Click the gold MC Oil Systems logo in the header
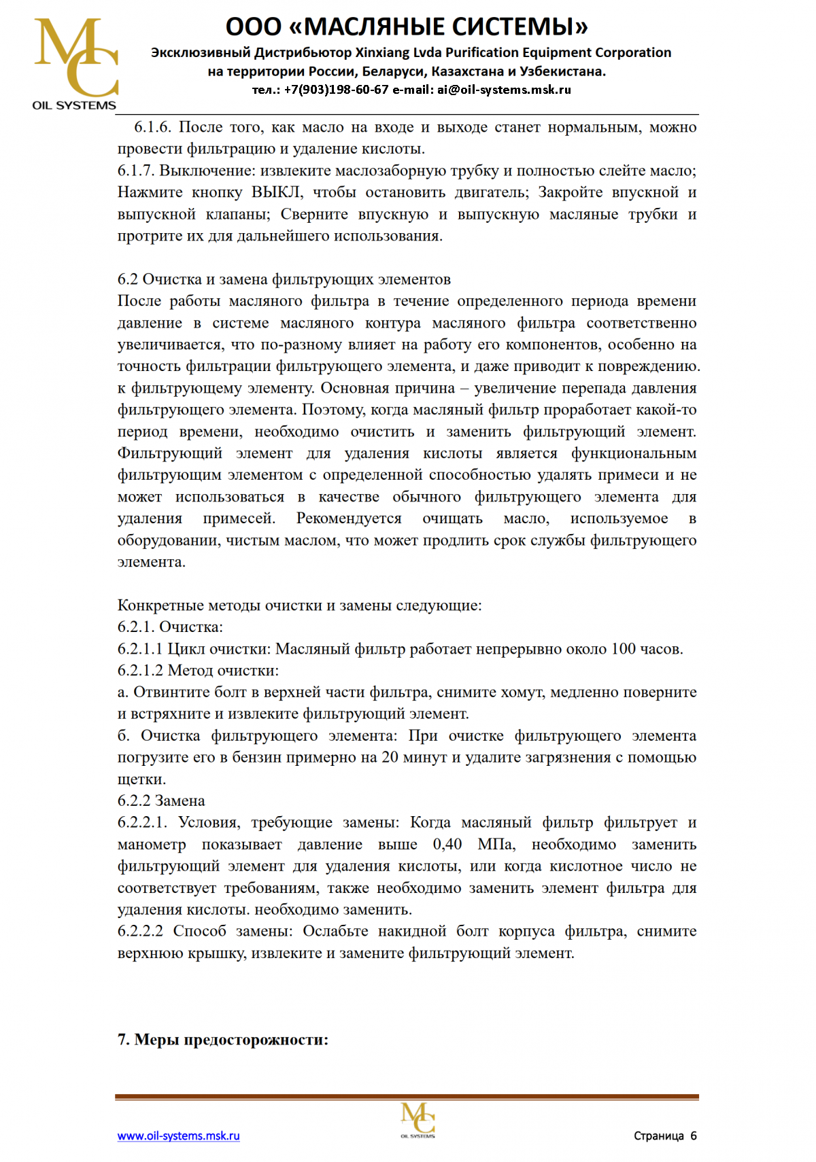(75, 63)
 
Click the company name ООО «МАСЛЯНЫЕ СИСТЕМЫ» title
(407, 27)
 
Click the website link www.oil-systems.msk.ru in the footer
(178, 1135)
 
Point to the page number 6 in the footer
(694, 1135)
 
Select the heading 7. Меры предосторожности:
(223, 1040)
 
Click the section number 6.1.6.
(152, 127)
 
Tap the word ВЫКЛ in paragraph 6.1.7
(277, 192)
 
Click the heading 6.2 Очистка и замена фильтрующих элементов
(284, 279)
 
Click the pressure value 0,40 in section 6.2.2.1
(447, 844)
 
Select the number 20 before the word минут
(390, 757)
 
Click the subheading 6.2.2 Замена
(161, 800)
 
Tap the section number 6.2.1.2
(140, 670)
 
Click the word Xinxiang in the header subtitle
(382, 53)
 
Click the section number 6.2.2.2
(140, 931)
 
